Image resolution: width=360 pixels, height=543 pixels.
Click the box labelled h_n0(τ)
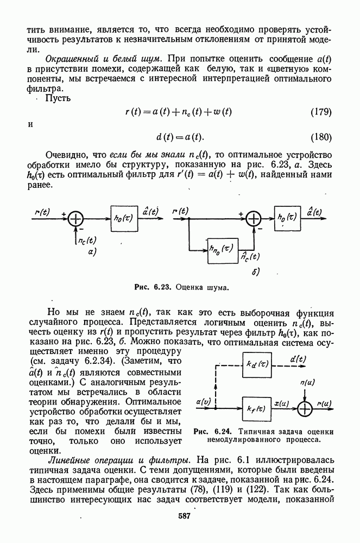point(222,249)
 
